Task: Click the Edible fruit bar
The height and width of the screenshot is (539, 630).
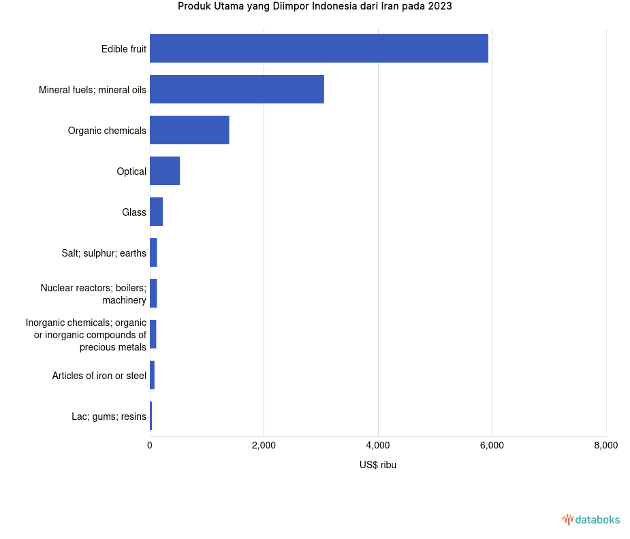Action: coord(319,48)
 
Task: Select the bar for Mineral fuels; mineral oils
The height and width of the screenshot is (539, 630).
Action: coord(237,89)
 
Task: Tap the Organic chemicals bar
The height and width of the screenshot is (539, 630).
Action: coord(189,130)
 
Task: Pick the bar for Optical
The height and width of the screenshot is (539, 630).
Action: coord(165,171)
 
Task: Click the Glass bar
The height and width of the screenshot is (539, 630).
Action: coord(156,212)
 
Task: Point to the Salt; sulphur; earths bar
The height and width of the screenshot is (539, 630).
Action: coord(153,252)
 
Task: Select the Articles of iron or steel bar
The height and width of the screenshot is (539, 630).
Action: coord(152,375)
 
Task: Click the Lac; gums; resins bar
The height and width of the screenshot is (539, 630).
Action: coord(151,416)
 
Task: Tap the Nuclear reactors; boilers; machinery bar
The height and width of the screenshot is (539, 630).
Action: coord(153,293)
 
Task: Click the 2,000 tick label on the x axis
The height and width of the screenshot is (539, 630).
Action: coord(264,446)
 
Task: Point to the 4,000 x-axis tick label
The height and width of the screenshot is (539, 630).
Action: coord(378,446)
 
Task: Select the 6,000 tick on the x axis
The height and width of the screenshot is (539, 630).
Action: coord(492,446)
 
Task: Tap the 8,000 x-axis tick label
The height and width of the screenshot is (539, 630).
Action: coord(605,446)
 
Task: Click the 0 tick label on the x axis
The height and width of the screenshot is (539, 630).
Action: coord(150,446)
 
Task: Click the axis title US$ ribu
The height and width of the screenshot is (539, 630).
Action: coord(378,465)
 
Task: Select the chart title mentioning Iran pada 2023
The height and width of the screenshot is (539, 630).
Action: coord(315,7)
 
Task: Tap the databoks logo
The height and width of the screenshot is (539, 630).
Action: coord(590,520)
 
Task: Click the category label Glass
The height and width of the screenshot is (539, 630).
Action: coord(134,212)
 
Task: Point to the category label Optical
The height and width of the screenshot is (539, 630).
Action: coord(131,171)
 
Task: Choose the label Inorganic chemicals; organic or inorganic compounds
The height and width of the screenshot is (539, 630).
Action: coord(86,334)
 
